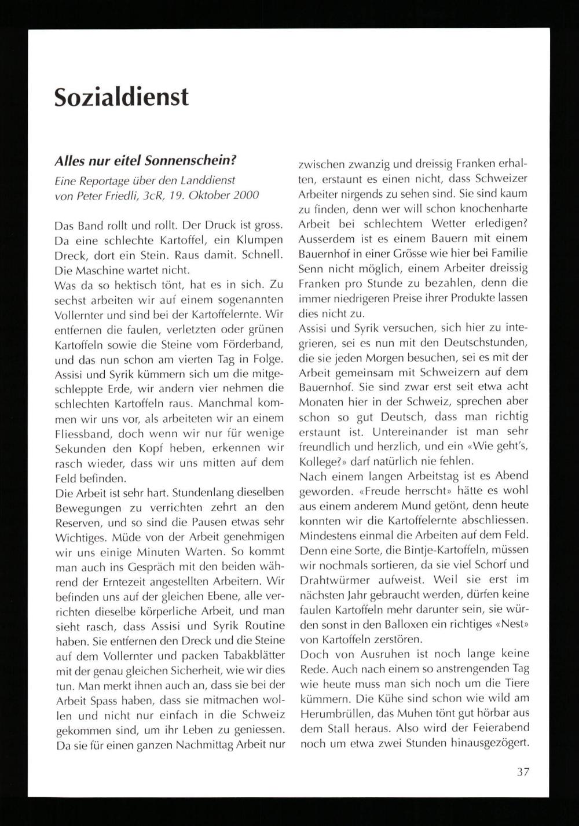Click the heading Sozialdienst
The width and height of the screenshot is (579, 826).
[x=122, y=97]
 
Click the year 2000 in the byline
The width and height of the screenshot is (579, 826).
[x=246, y=196]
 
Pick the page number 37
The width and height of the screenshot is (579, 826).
[x=523, y=771]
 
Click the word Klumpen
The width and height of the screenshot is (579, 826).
[x=258, y=239]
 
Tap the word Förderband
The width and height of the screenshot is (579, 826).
[x=255, y=345]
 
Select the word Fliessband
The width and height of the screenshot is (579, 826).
[x=80, y=434]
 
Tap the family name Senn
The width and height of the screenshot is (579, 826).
[x=312, y=268]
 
